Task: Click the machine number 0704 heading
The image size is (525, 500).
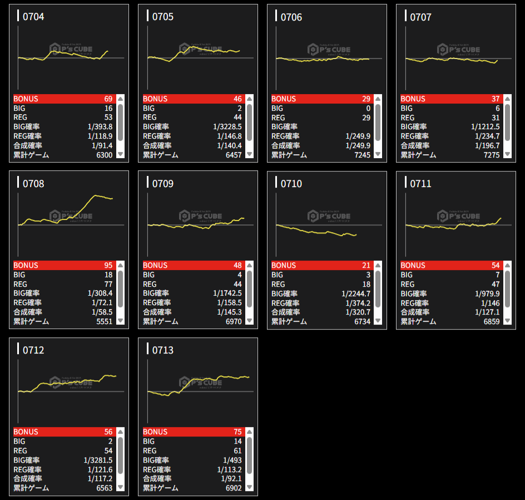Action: pyautogui.click(x=33, y=17)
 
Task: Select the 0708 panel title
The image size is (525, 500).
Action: pyautogui.click(x=33, y=183)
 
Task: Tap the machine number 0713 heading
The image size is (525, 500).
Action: pyautogui.click(x=162, y=350)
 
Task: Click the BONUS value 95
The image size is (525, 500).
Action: pyautogui.click(x=108, y=266)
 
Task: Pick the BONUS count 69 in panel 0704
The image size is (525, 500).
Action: pyautogui.click(x=108, y=99)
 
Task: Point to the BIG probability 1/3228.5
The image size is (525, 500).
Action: pyautogui.click(x=227, y=127)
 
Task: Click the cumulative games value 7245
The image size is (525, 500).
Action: pyautogui.click(x=362, y=155)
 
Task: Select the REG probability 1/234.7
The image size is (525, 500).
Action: pyautogui.click(x=487, y=136)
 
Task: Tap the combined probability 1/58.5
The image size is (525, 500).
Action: pyautogui.click(x=100, y=312)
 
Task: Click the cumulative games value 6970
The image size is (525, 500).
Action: pyautogui.click(x=232, y=322)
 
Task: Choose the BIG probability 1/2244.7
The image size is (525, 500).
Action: pyautogui.click(x=356, y=294)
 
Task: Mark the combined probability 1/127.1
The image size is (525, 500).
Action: pyautogui.click(x=487, y=312)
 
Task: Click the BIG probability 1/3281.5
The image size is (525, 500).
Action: pyautogui.click(x=98, y=460)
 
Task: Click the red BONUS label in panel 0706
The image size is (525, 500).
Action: pyautogui.click(x=283, y=99)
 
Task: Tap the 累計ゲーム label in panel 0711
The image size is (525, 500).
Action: pyautogui.click(x=418, y=322)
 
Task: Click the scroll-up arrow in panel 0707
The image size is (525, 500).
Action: pyautogui.click(x=507, y=99)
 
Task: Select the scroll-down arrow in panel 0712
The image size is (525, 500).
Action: pyautogui.click(x=120, y=488)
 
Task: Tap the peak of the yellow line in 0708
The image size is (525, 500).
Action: pyautogui.click(x=96, y=195)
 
